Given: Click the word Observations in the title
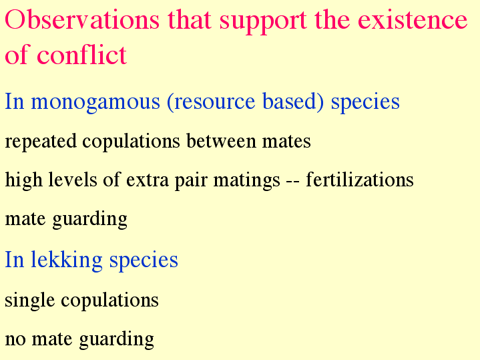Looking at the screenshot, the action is point(82,19).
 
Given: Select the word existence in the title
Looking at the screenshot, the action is point(413,19).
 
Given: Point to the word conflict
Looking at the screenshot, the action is point(81,54).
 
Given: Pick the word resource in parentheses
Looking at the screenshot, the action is point(211,102).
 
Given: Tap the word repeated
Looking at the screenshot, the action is point(41,142).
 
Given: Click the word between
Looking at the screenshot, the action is point(221,141).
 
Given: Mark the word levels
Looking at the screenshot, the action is point(73,179).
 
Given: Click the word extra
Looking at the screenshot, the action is point(148,180).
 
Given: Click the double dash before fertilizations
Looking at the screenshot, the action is point(293,182).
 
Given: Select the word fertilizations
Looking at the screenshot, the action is point(360,179).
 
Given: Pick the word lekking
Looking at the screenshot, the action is point(67,260).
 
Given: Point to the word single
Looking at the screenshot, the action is point(30,301).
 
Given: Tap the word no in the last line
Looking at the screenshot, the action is point(15,339).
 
